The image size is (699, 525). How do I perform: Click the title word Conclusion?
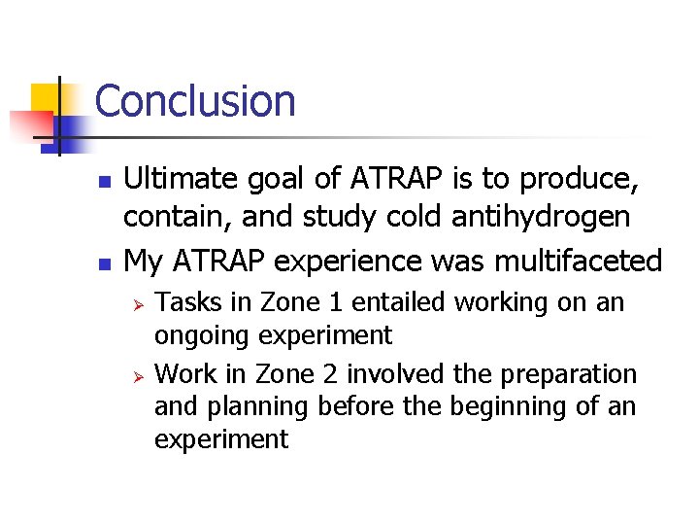pyautogui.click(x=195, y=101)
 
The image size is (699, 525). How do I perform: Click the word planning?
pyautogui.click(x=255, y=407)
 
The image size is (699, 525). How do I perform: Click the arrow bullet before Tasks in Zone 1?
pyautogui.click(x=139, y=304)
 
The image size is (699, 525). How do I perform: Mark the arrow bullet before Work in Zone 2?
pyautogui.click(x=139, y=376)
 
